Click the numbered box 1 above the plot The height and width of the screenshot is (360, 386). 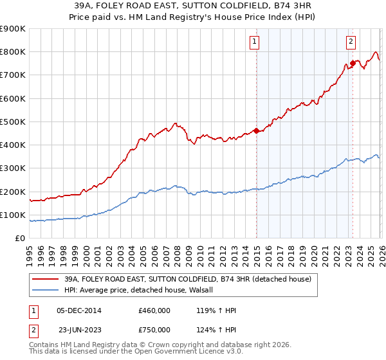point(255,42)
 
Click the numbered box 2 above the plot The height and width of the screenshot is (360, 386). point(351,42)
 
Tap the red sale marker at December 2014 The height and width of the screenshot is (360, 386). point(256,130)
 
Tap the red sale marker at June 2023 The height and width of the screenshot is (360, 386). point(353,63)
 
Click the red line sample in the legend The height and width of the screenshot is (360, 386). point(46,279)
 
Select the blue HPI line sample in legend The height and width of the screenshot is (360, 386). point(46,290)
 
